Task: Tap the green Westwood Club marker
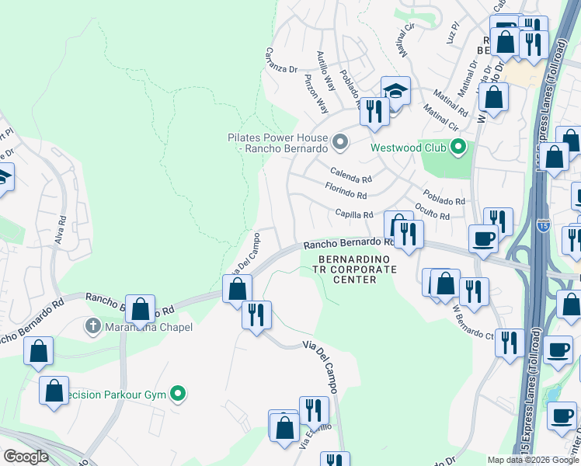458,147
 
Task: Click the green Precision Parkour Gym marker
179,395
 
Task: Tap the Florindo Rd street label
346,192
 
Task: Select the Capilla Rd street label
355,214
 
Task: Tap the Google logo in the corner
26,457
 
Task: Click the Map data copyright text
532,460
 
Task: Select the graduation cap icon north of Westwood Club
395,92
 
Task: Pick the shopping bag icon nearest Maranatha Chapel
141,310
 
